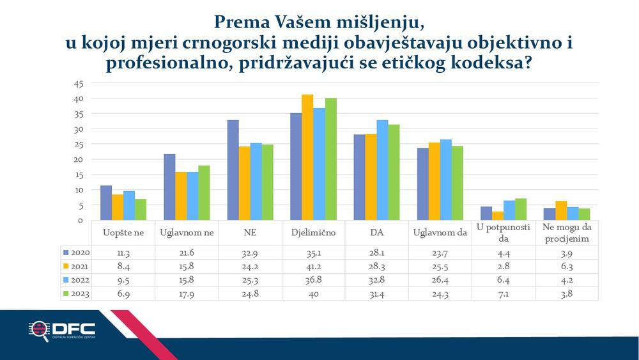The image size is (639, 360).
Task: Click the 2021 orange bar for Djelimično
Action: pos(307,157)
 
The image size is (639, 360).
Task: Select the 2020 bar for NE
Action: pos(233,170)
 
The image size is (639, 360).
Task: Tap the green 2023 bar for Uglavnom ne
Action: pos(204,193)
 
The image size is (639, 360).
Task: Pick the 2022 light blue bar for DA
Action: pos(382,170)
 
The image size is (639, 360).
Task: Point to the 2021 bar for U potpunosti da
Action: pos(498,215)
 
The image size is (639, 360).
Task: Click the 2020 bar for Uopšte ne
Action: pos(106,203)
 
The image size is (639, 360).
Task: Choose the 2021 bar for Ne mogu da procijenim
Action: pos(561,210)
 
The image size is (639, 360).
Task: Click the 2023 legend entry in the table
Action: pos(77,293)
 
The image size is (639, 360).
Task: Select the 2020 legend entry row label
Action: pos(77,253)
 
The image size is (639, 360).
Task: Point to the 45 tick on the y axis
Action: pos(79,84)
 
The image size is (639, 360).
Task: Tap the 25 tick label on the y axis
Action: pos(79,145)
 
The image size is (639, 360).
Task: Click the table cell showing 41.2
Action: pos(313,266)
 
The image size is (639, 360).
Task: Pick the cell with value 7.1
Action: pos(504,293)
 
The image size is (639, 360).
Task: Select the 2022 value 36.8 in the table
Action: pos(313,280)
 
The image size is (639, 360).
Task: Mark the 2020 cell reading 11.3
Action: pos(123,253)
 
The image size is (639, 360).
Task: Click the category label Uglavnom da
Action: pos(440,233)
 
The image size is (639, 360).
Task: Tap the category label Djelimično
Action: pos(313,233)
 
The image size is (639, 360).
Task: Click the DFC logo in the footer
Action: pos(62,331)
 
